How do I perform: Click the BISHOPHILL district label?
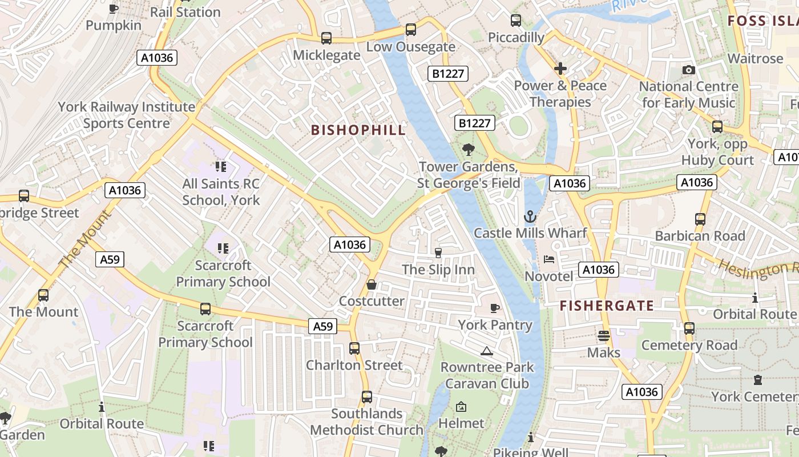(x=358, y=130)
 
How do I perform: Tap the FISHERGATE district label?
(x=607, y=306)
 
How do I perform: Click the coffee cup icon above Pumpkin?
(x=114, y=9)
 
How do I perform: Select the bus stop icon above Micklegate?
(x=326, y=38)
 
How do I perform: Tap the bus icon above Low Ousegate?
(x=410, y=30)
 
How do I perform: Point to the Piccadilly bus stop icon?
(x=516, y=21)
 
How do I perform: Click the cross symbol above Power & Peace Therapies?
(x=560, y=69)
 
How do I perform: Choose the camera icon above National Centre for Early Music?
(x=689, y=70)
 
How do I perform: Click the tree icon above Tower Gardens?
(x=468, y=150)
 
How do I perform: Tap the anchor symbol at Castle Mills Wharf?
(x=530, y=217)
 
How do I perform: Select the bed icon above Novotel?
(x=549, y=259)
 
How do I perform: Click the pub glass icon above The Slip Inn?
(x=438, y=252)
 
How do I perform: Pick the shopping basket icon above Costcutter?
(x=372, y=284)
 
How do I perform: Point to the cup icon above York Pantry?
(x=495, y=308)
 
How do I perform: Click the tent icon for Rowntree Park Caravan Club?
(x=486, y=351)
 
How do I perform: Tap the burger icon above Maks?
(x=603, y=336)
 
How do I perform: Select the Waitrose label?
(x=755, y=58)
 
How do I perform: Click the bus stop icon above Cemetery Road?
(x=689, y=328)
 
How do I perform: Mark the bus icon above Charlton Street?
(x=354, y=348)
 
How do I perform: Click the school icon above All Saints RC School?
(x=221, y=167)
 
